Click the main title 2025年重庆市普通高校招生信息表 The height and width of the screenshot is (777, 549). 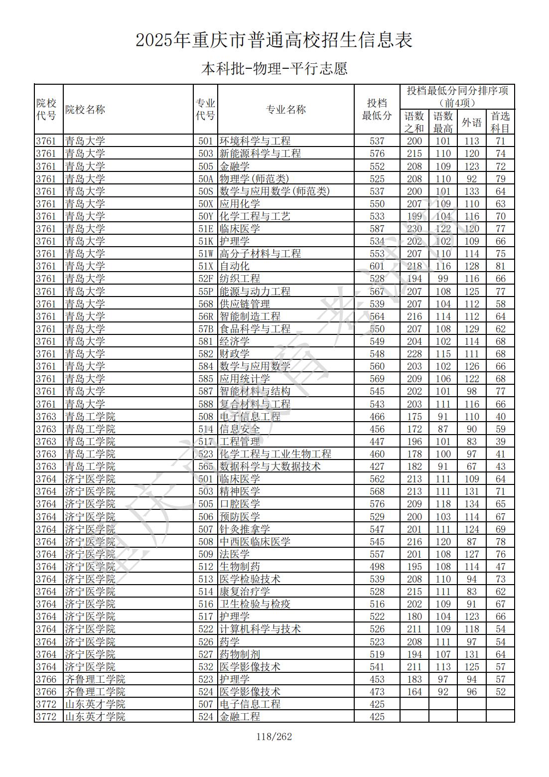274,40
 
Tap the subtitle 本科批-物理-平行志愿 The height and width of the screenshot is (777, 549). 274,68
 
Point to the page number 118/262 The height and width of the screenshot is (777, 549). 274,737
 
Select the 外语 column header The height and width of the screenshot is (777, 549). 471,122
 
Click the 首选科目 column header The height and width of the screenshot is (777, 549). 500,122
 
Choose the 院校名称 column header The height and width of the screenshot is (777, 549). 85,110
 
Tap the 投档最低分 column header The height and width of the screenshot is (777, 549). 377,110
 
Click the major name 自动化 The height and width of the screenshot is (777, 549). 235,266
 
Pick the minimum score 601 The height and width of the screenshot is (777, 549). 377,266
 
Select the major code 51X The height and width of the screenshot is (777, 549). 206,266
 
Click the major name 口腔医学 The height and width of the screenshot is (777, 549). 240,504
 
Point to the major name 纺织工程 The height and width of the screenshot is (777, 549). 240,279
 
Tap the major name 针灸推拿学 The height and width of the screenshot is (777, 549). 245,529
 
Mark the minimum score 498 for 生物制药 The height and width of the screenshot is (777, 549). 377,567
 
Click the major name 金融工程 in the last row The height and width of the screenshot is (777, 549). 240,717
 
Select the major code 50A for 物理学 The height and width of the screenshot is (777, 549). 206,179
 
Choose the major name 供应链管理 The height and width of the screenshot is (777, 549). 245,304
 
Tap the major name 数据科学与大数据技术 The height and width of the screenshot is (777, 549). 270,466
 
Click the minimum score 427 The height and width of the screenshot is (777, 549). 377,466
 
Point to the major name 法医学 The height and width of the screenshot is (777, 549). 235,554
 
